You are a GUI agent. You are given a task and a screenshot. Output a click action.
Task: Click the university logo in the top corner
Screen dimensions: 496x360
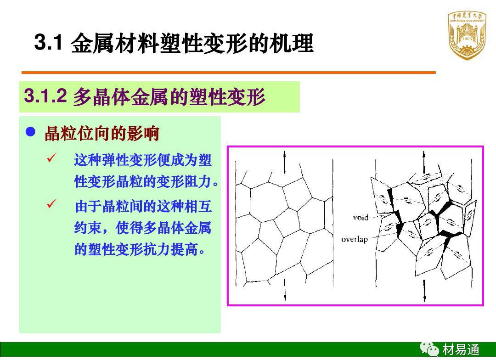point(467,35)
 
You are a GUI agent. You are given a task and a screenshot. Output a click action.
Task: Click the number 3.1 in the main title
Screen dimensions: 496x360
point(48,42)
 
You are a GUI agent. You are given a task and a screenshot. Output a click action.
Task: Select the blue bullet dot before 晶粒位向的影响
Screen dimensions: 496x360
point(30,132)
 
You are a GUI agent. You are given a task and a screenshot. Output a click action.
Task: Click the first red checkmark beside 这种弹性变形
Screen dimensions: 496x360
point(51,158)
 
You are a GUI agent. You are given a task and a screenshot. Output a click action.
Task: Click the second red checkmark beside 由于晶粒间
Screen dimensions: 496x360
point(51,203)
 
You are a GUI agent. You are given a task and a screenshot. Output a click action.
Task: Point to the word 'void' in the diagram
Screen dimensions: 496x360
point(361,217)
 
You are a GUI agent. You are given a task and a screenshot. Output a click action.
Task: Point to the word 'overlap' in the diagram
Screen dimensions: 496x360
point(355,239)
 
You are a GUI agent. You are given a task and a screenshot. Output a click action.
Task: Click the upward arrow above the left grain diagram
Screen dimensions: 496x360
point(284,162)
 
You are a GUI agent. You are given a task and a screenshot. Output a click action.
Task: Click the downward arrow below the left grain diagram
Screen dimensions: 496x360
point(285,290)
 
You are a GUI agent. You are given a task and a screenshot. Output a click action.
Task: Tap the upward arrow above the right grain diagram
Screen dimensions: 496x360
point(424,162)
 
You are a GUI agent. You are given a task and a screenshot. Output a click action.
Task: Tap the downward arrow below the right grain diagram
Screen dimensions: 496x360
point(424,291)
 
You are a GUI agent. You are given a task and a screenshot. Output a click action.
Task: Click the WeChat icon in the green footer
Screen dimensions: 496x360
point(429,349)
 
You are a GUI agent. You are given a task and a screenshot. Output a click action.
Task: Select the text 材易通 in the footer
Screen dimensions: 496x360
point(461,349)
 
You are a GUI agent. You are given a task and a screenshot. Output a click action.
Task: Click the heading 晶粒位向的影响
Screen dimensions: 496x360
point(102,133)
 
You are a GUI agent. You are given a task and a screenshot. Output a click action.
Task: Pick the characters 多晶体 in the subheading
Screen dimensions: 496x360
point(101,96)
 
